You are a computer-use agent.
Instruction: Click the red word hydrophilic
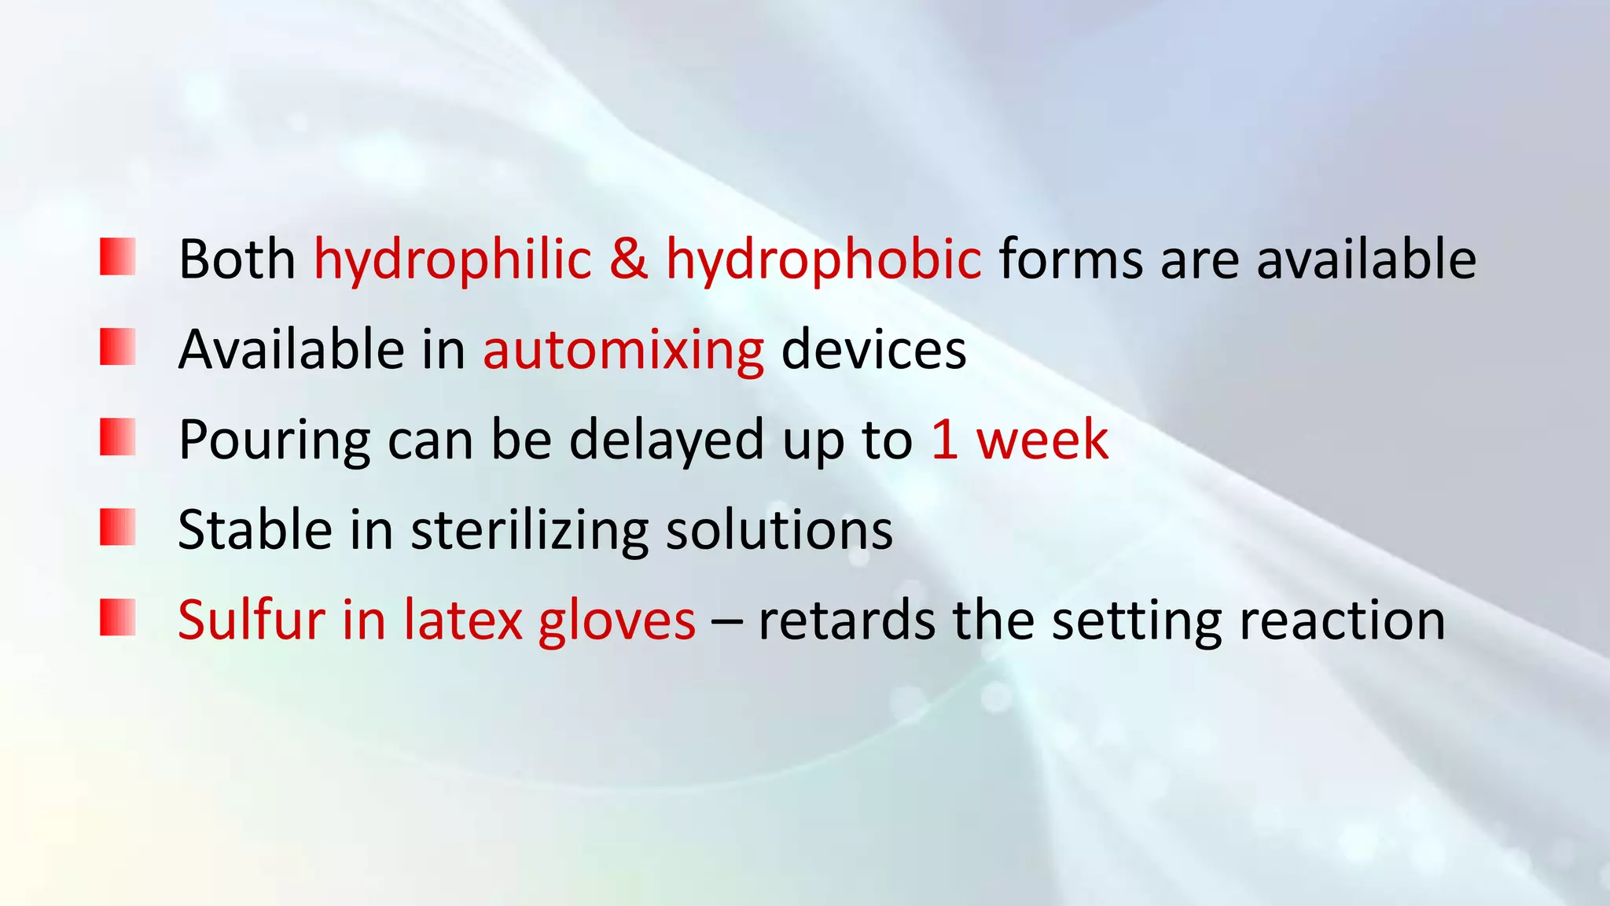tap(452, 260)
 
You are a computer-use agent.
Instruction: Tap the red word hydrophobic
tap(823, 260)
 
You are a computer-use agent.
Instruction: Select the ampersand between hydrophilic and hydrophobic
tap(628, 260)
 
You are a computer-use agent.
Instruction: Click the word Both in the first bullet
tap(237, 260)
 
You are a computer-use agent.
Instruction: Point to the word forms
tap(1070, 260)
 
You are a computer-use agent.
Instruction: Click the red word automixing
tap(623, 350)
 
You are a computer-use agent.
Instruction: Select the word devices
tap(873, 350)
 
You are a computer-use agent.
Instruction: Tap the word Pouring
tap(274, 440)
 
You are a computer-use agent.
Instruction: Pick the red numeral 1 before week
tap(944, 440)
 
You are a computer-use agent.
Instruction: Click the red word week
tap(1042, 440)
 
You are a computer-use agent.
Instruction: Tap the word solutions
tap(779, 530)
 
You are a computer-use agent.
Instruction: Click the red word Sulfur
tap(251, 621)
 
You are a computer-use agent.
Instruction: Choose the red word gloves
tap(616, 621)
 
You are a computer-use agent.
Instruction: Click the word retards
tap(846, 621)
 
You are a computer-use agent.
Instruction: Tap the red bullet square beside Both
tap(118, 256)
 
